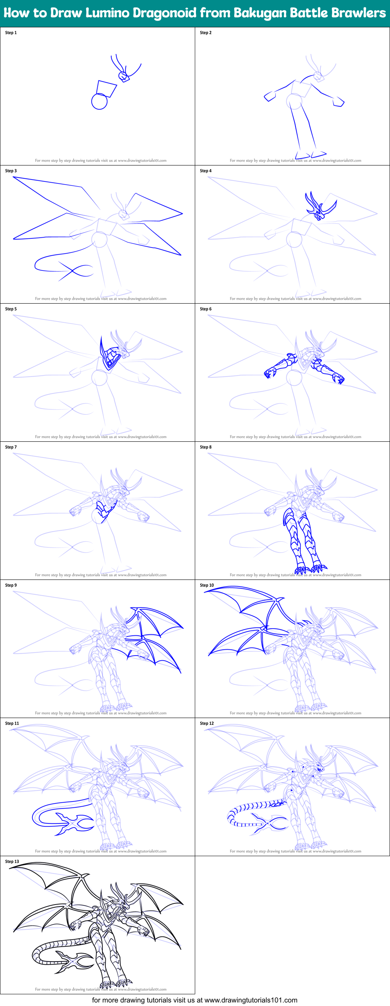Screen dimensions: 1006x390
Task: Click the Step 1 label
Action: click(x=11, y=33)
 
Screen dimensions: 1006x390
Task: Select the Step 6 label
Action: click(x=206, y=309)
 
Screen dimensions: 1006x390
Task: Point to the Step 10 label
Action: click(x=207, y=585)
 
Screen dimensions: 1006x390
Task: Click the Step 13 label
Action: click(x=12, y=861)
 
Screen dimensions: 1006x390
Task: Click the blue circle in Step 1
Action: click(x=99, y=101)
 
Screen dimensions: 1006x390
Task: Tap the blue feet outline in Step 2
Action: click(x=311, y=155)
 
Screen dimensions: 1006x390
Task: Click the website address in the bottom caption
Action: click(x=251, y=1000)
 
